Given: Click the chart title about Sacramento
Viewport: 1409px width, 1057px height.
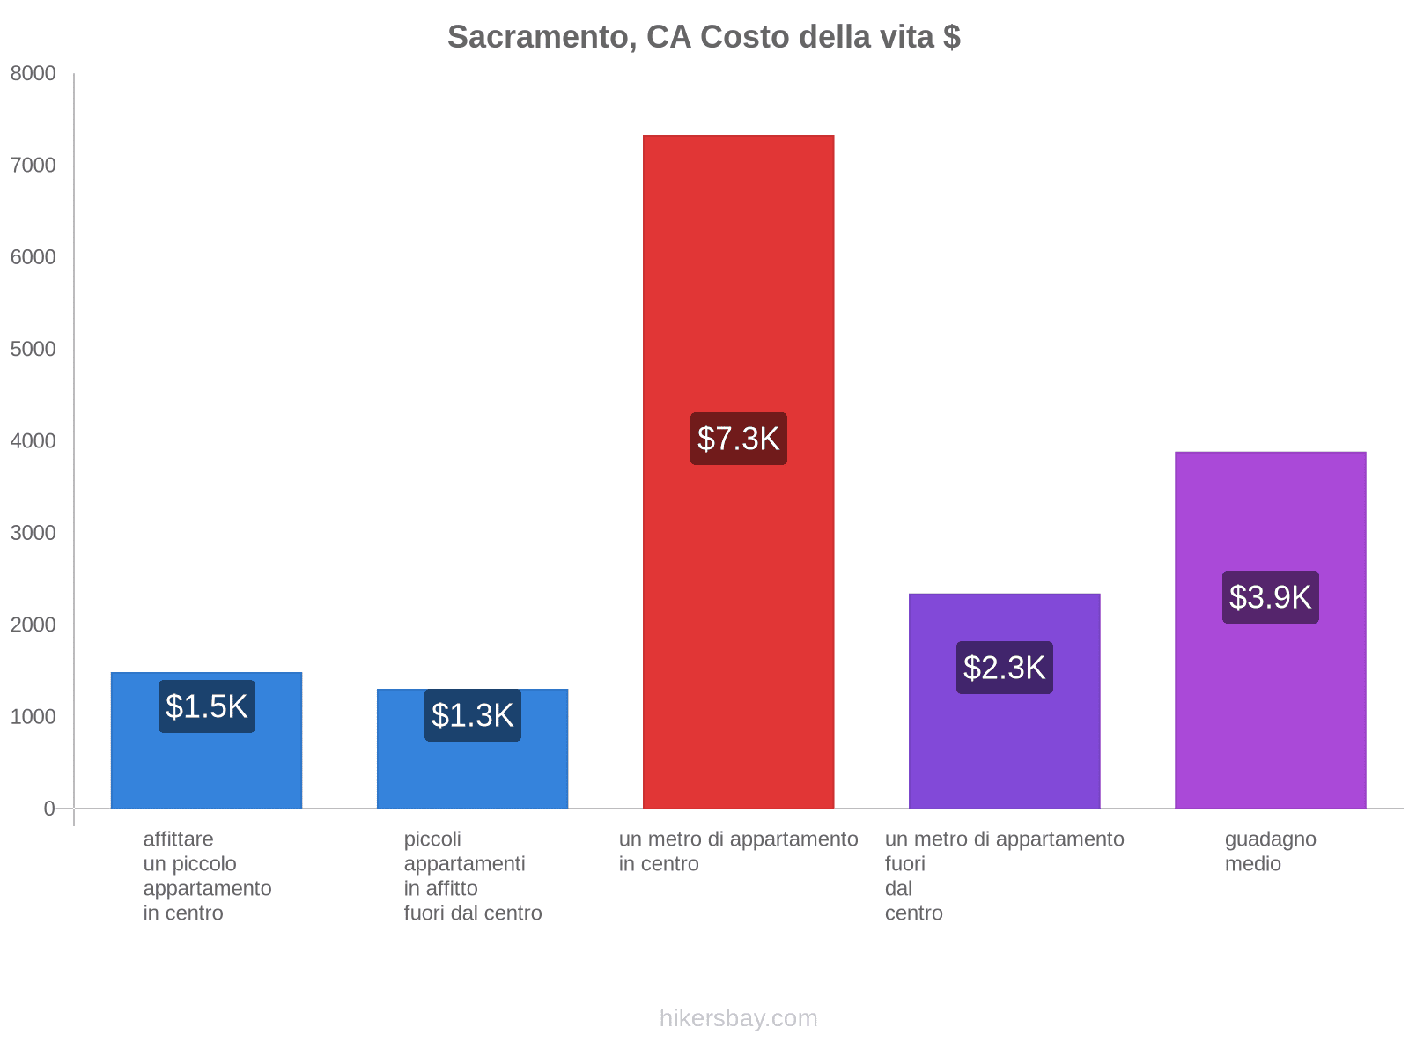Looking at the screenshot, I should coord(704,37).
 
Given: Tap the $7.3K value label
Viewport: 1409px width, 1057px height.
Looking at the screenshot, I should coord(738,439).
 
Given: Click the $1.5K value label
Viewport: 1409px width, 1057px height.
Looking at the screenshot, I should coord(207,706).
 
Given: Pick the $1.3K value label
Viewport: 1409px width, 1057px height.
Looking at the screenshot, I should coord(472,715).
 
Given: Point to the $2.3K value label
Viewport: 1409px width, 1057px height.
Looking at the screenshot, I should coord(1004,668).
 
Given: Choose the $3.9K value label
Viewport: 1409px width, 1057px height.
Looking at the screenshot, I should coord(1270,597).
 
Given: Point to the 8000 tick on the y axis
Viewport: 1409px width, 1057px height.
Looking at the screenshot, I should coord(33,74).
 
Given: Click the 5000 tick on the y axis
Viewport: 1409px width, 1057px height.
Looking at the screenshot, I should coord(33,350).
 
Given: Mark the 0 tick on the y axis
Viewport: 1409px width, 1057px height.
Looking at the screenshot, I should coord(49,809).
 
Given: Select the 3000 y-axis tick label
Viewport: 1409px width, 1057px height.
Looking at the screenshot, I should coord(33,533).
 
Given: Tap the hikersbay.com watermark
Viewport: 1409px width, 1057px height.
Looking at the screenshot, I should coord(738,1018).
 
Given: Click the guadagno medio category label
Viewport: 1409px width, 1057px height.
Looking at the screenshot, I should coord(1270,851).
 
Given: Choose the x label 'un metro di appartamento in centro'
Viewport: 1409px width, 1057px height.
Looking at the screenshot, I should coord(738,851).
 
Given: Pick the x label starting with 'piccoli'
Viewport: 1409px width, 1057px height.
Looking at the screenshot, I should coord(472,876).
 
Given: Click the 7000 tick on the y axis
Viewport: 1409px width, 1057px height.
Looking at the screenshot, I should coord(33,166).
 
